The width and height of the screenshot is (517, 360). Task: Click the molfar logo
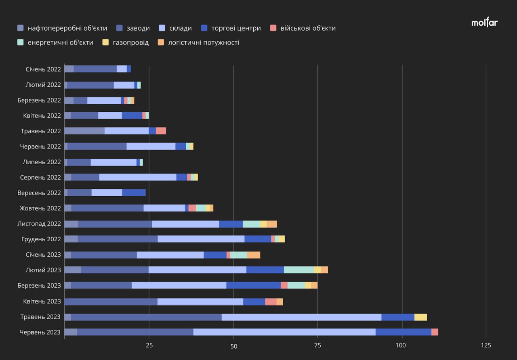point(484,23)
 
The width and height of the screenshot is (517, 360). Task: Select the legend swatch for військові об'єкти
point(273,28)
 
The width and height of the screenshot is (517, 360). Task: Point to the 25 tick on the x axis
point(149,345)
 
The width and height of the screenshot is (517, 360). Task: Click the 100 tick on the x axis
point(401,345)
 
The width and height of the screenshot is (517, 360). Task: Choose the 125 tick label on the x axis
point(485,345)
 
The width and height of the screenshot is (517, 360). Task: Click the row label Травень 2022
point(41,131)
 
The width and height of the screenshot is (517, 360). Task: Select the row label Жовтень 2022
point(40,208)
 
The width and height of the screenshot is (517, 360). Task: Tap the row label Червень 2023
point(40,332)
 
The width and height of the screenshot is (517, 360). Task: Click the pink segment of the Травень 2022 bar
point(161,131)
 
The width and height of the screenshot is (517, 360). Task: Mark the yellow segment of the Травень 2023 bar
point(420,317)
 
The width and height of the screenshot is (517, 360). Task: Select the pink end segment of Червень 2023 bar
point(435,332)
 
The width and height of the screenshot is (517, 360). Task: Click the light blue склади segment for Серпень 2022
point(138,177)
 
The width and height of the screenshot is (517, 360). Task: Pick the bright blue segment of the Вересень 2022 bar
point(134,193)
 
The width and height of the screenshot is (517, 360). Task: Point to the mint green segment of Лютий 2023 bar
point(299,270)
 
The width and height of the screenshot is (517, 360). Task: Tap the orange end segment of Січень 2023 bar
point(253,255)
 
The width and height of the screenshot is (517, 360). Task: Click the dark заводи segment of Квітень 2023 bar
point(111,301)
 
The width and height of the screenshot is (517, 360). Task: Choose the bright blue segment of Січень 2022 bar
point(129,69)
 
